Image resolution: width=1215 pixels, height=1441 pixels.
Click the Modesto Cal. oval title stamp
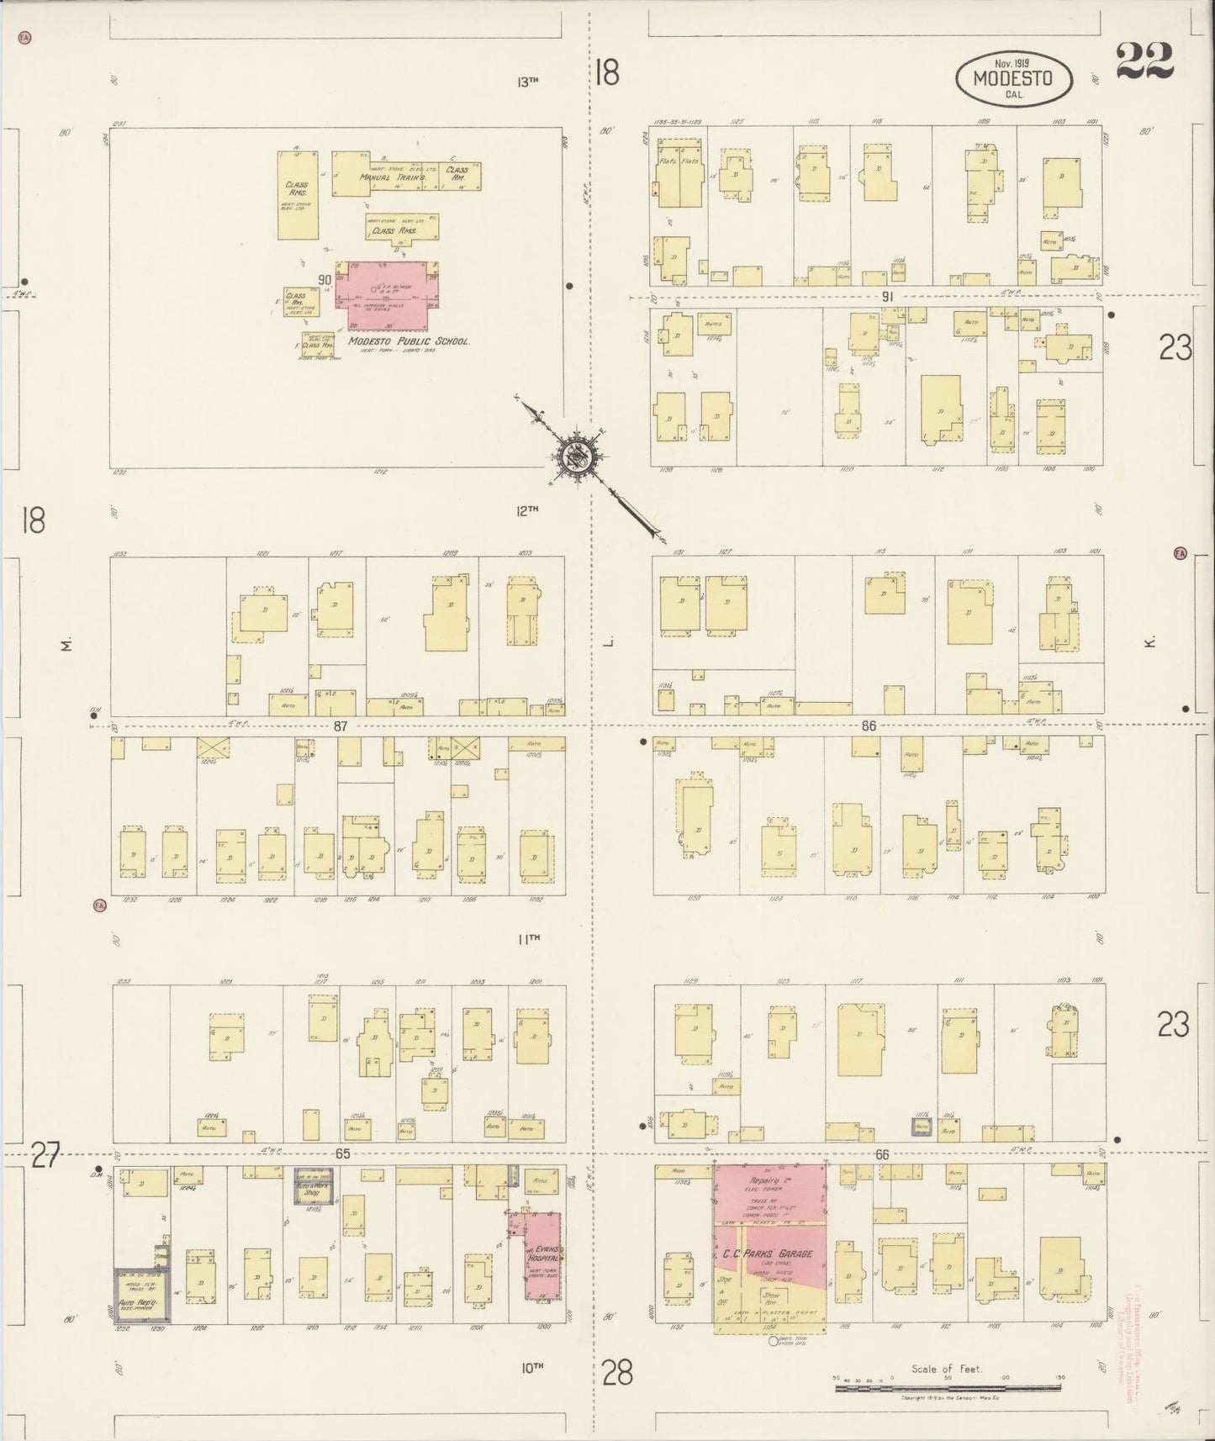click(x=1014, y=79)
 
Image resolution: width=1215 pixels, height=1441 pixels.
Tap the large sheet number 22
click(x=1145, y=61)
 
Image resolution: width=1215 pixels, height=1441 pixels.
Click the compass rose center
click(x=579, y=457)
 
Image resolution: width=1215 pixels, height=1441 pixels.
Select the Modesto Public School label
click(x=409, y=341)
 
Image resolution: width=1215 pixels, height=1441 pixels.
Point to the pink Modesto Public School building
click(x=386, y=296)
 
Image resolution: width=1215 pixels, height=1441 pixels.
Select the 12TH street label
click(x=527, y=509)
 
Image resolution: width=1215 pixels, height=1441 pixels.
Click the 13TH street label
click(x=527, y=82)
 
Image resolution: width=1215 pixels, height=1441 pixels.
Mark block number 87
click(x=340, y=726)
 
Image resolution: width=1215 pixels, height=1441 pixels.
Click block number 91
click(x=887, y=296)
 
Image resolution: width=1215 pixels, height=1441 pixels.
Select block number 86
click(x=869, y=726)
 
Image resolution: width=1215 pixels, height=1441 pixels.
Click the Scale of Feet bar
click(x=947, y=1388)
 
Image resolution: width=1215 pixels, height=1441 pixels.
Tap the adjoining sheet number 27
click(x=45, y=1157)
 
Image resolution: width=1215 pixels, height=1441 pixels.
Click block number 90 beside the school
click(x=325, y=280)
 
